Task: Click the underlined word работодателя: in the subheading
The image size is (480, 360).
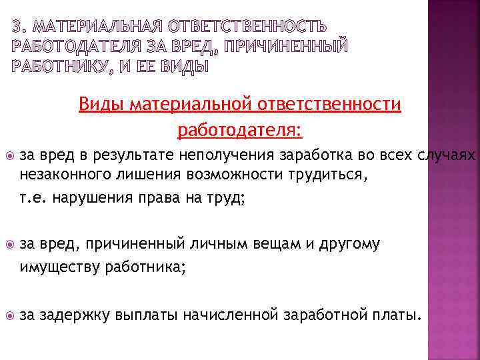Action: coord(240,129)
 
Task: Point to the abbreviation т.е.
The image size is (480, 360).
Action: coord(33,197)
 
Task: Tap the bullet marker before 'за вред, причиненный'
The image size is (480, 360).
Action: coord(8,245)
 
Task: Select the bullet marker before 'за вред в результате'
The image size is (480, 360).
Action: coord(8,156)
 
